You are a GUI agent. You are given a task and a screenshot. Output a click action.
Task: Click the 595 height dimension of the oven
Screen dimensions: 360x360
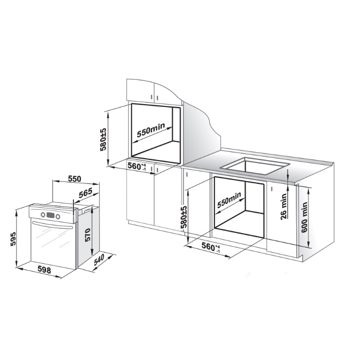click(13, 239)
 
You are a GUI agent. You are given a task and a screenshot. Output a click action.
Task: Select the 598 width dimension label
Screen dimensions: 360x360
click(44, 270)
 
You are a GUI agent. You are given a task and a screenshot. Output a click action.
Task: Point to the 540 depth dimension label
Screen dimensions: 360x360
click(99, 260)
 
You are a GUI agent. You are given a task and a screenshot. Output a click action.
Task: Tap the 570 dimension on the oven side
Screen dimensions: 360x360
click(88, 234)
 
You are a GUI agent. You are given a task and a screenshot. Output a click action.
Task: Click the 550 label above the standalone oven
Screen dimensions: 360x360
click(74, 179)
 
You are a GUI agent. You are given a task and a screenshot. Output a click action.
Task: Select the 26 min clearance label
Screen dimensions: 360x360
click(284, 206)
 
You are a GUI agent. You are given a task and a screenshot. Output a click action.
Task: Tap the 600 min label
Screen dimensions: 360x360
click(304, 217)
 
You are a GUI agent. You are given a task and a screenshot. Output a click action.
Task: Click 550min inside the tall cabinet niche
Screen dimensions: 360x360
click(151, 130)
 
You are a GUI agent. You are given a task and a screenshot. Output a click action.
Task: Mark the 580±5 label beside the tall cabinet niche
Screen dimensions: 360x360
click(104, 139)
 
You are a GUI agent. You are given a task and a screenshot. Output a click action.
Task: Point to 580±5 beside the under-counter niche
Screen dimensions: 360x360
click(184, 217)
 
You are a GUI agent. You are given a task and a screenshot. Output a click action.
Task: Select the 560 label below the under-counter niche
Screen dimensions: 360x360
click(211, 247)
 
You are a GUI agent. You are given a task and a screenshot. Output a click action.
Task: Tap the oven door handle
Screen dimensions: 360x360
click(53, 225)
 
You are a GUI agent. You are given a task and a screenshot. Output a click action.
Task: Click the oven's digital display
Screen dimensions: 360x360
click(50, 215)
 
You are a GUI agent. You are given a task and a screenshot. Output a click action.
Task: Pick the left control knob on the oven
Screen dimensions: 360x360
click(43, 215)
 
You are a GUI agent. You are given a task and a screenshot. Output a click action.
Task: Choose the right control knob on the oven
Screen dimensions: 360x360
click(57, 216)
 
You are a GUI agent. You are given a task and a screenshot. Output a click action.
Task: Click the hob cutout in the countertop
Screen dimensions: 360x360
click(255, 165)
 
